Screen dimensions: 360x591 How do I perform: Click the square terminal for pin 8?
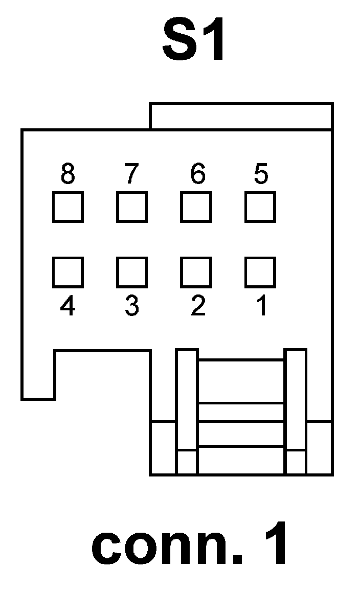(68, 207)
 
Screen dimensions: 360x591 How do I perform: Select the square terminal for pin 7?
(132, 207)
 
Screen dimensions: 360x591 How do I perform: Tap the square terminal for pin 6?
(196, 207)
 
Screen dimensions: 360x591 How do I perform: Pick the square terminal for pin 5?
(260, 207)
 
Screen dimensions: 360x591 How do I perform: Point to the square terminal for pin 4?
(68, 272)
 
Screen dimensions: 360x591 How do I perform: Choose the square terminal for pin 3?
(132, 272)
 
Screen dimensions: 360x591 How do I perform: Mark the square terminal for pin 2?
(196, 272)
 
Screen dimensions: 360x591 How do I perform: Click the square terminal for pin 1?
(260, 272)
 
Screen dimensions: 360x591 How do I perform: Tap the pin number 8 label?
(67, 174)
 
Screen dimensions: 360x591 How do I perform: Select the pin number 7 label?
(131, 174)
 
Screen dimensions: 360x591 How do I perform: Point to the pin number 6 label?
(197, 174)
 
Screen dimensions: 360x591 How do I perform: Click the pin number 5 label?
(261, 174)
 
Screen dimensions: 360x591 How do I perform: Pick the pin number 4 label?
(67, 306)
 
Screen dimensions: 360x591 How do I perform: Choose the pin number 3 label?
(131, 306)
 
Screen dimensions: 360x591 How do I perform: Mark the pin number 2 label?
(197, 306)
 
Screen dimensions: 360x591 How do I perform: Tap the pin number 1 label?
(261, 306)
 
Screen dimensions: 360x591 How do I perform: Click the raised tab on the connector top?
(241, 117)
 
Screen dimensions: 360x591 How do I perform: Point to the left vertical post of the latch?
(187, 412)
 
